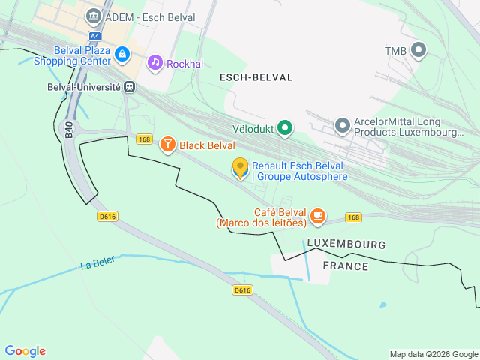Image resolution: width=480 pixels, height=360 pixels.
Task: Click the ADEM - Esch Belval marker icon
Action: (94, 16)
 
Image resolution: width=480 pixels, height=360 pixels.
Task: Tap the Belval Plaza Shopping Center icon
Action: (122, 54)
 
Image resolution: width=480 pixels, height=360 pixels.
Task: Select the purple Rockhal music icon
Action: (155, 62)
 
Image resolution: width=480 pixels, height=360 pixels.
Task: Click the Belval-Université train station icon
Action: (130, 86)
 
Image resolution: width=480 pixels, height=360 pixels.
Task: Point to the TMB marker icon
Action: (418, 50)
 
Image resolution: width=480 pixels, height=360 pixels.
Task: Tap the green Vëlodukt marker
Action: (284, 128)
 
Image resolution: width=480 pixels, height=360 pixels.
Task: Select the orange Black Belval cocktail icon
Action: (167, 145)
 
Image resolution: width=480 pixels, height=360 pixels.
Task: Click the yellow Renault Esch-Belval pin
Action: (240, 168)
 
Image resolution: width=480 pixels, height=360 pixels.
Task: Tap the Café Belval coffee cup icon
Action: (318, 216)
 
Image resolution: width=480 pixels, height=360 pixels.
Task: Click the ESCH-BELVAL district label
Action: (256, 77)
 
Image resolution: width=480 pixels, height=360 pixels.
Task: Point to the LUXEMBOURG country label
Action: (346, 244)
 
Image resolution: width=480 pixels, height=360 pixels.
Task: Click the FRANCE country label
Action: (345, 265)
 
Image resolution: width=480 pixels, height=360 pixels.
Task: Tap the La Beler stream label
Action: (97, 265)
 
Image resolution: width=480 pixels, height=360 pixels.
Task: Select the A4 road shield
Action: (94, 36)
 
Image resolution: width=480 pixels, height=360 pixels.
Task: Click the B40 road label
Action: (68, 130)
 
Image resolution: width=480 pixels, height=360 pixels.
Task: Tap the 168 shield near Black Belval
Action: (145, 139)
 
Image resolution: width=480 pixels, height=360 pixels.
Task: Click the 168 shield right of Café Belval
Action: (354, 217)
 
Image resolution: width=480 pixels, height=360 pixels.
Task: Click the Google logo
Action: (25, 351)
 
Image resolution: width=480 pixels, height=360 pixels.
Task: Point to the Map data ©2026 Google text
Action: (433, 354)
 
